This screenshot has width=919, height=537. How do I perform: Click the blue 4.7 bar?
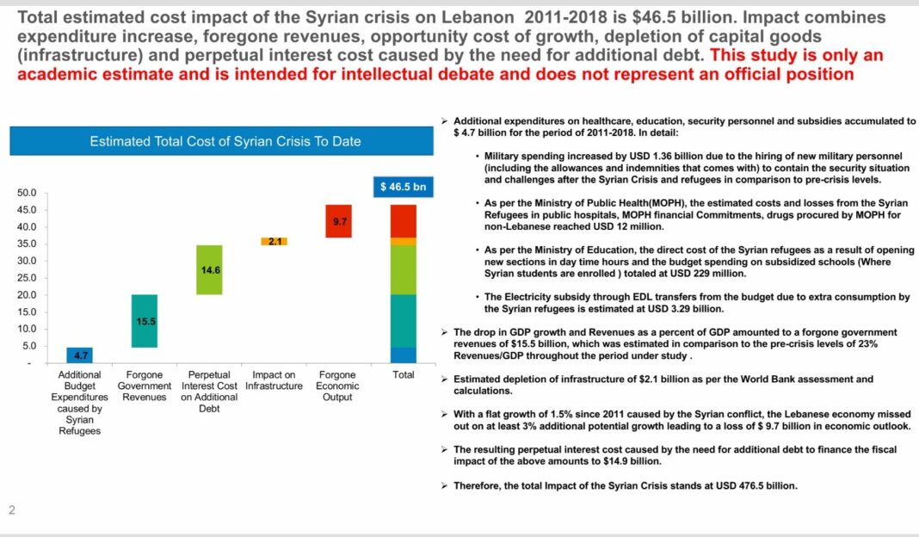click(79, 355)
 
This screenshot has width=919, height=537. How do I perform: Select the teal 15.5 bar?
click(145, 321)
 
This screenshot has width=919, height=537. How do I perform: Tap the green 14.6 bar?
click(209, 269)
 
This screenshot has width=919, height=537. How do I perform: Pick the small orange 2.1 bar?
click(274, 242)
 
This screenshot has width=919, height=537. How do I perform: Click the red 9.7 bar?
click(339, 221)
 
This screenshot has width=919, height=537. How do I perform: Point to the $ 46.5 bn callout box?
click(404, 187)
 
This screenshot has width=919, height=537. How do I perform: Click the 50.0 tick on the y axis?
click(27, 193)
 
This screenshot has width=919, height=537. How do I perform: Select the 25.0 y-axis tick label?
click(27, 278)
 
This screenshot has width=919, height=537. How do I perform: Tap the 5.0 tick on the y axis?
click(29, 346)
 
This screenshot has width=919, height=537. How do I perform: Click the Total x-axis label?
click(404, 374)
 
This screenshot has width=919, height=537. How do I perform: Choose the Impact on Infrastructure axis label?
click(274, 380)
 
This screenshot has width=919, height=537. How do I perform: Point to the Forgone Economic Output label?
click(337, 386)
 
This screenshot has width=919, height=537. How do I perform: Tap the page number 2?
click(12, 510)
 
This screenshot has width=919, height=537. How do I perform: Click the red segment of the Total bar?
click(404, 221)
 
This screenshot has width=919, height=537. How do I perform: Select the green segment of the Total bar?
click(404, 269)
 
